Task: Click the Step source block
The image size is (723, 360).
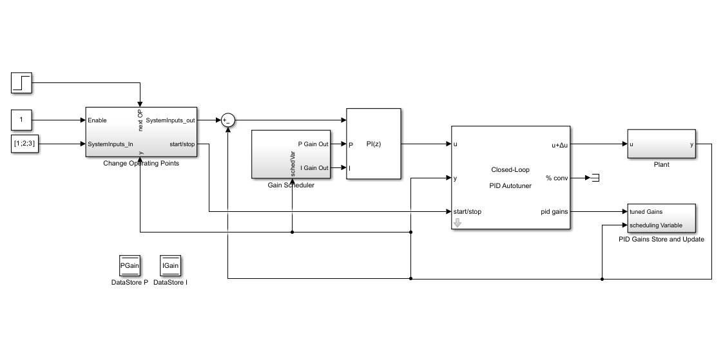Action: [21, 83]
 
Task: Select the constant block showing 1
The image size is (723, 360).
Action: [21, 120]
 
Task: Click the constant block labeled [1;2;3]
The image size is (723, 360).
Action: [24, 144]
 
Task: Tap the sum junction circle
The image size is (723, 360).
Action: [227, 120]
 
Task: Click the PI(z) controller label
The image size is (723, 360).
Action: [374, 144]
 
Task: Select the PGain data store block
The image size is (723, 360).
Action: [130, 265]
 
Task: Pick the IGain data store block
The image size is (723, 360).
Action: [171, 265]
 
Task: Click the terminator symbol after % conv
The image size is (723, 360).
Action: [595, 178]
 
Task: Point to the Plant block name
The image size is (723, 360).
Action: [661, 165]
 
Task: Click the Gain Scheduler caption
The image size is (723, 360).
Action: [291, 185]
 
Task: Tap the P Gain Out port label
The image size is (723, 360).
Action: [313, 144]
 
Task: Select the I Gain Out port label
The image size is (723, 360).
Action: [314, 168]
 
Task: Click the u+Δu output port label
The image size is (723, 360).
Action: [560, 144]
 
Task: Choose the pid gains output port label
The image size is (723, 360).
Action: [554, 212]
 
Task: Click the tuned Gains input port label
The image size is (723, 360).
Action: [646, 212]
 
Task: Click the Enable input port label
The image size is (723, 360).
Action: [97, 120]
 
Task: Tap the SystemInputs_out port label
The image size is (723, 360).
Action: [170, 120]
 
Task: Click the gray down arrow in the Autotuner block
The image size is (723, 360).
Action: [458, 223]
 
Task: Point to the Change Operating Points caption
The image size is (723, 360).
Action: [141, 163]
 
